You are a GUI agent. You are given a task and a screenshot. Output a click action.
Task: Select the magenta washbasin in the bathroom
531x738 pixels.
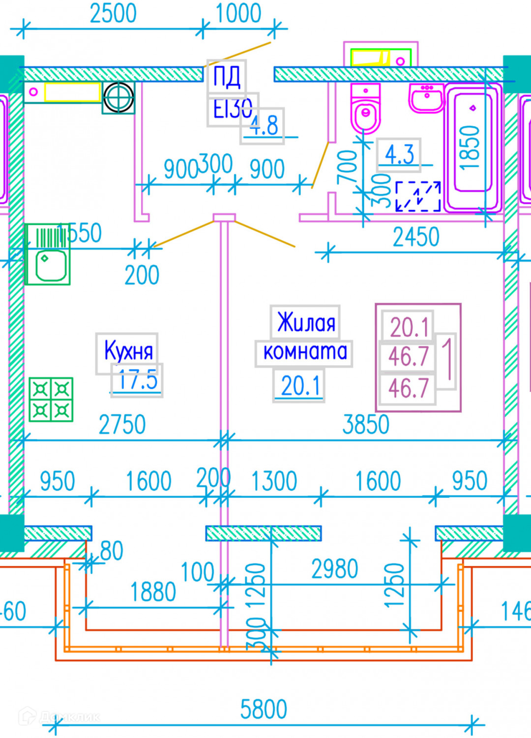(x=426, y=98)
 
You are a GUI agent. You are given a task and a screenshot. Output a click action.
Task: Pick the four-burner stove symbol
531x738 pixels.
(x=51, y=400)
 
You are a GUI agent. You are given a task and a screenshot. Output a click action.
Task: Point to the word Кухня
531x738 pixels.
(x=128, y=350)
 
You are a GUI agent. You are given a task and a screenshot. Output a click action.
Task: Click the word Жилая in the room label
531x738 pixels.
(x=306, y=323)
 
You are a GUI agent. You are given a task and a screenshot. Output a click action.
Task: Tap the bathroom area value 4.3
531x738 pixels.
(x=399, y=154)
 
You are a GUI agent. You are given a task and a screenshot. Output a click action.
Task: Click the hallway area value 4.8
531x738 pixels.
(x=263, y=126)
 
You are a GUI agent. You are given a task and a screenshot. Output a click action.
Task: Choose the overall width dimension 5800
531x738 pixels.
(x=264, y=709)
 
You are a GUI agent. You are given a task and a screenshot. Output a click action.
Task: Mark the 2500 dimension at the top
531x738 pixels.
(x=113, y=13)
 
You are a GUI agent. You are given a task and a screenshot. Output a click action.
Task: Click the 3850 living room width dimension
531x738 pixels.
(x=366, y=424)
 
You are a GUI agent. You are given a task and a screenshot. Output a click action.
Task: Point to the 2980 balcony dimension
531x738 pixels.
(x=335, y=569)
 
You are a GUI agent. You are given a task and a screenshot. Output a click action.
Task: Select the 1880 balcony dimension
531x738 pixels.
(x=153, y=592)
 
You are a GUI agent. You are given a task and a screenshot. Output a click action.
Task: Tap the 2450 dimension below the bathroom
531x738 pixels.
(x=416, y=237)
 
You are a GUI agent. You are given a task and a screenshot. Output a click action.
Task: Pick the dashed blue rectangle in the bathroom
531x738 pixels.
(x=418, y=196)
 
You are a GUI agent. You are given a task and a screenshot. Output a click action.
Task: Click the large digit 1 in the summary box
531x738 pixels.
(x=446, y=358)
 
